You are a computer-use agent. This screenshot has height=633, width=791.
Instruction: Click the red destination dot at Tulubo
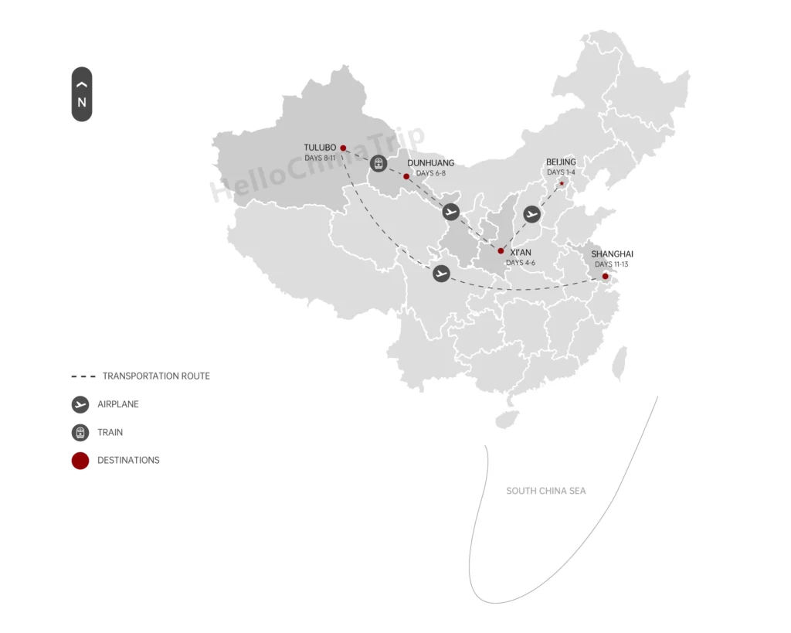coord(343,148)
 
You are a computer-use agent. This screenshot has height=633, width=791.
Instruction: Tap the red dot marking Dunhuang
coord(406,176)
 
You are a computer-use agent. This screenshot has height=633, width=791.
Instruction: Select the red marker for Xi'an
coord(501,251)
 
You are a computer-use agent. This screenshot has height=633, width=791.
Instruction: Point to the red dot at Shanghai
coord(605,276)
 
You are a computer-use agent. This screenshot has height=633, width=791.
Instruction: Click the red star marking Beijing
coord(562,183)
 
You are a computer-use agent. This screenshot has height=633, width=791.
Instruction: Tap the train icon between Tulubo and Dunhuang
coord(378,163)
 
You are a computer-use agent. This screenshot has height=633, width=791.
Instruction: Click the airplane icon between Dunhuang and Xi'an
coord(451,212)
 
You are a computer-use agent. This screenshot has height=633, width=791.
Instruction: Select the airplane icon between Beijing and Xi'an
coord(531,214)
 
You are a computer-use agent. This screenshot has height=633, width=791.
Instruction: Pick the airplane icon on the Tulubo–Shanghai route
coord(441,273)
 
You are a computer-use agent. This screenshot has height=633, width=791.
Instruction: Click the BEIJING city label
coord(561,162)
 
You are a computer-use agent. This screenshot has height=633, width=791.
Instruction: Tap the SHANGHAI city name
coord(612,254)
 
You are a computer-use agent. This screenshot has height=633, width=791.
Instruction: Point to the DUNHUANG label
coord(430,163)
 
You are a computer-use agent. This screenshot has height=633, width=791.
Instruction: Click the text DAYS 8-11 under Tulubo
coord(321,158)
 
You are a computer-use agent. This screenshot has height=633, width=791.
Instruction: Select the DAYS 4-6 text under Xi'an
coord(521,263)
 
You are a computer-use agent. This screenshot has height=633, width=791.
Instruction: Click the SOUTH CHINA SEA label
coord(545,491)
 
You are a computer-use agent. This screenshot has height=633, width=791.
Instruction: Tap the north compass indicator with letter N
coord(82,94)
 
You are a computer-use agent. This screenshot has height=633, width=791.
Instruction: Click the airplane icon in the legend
coord(80,404)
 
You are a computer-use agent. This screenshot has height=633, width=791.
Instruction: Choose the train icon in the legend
coord(80,433)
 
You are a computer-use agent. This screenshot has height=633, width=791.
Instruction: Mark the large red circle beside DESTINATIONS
coord(80,461)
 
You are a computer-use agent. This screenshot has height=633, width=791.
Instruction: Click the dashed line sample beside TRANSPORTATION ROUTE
coord(83,376)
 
